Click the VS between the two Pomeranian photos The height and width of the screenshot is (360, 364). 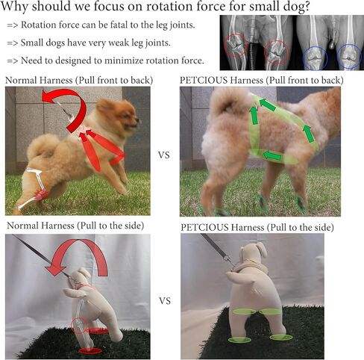[164, 155]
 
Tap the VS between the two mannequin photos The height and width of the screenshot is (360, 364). [165, 301]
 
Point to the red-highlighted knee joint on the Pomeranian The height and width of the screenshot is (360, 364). [41, 195]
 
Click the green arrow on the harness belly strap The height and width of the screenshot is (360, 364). [272, 156]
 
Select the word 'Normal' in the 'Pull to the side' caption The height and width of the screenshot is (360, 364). [23, 226]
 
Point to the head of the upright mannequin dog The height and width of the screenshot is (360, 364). [252, 254]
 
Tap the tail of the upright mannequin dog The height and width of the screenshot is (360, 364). [235, 277]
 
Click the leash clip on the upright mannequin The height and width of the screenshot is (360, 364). [228, 260]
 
